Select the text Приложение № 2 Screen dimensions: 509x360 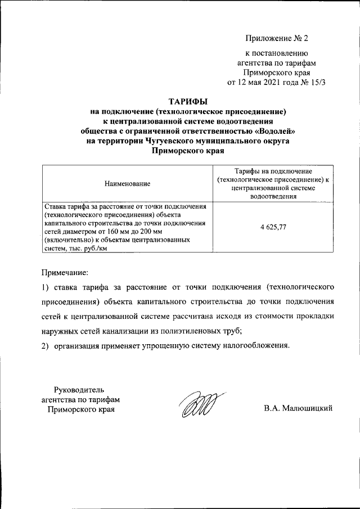[277, 39]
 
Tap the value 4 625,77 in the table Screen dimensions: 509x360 [273, 227]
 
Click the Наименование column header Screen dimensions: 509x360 [127, 183]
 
